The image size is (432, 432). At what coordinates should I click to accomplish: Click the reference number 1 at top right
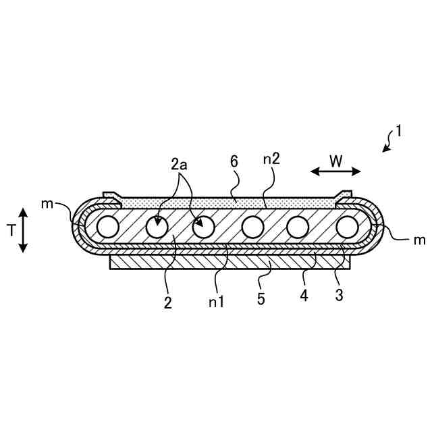coord(398,131)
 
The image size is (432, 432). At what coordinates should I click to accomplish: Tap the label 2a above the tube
coord(180,164)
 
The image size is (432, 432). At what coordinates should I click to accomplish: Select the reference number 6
coord(234,162)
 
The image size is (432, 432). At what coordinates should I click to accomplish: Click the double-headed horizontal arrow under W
coord(336,171)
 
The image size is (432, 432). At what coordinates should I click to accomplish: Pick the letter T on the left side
coord(11,230)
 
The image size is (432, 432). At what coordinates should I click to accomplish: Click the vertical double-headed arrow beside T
coord(23,230)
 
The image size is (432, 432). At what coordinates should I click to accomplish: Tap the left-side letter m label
coord(47,204)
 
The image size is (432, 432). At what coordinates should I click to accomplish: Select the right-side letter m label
coord(419,240)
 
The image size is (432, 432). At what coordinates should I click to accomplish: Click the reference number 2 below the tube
coord(167,302)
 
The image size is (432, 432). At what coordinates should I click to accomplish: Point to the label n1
coord(217,302)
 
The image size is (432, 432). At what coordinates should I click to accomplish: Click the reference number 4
coord(304,295)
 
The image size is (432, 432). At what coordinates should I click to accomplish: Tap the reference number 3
coord(339,294)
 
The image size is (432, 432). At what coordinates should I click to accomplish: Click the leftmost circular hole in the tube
coord(107,227)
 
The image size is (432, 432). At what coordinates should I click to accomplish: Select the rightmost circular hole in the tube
coord(346,227)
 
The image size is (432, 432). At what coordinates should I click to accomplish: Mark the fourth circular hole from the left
coord(252,227)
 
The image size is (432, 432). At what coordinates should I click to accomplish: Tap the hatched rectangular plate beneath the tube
coord(230,262)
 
